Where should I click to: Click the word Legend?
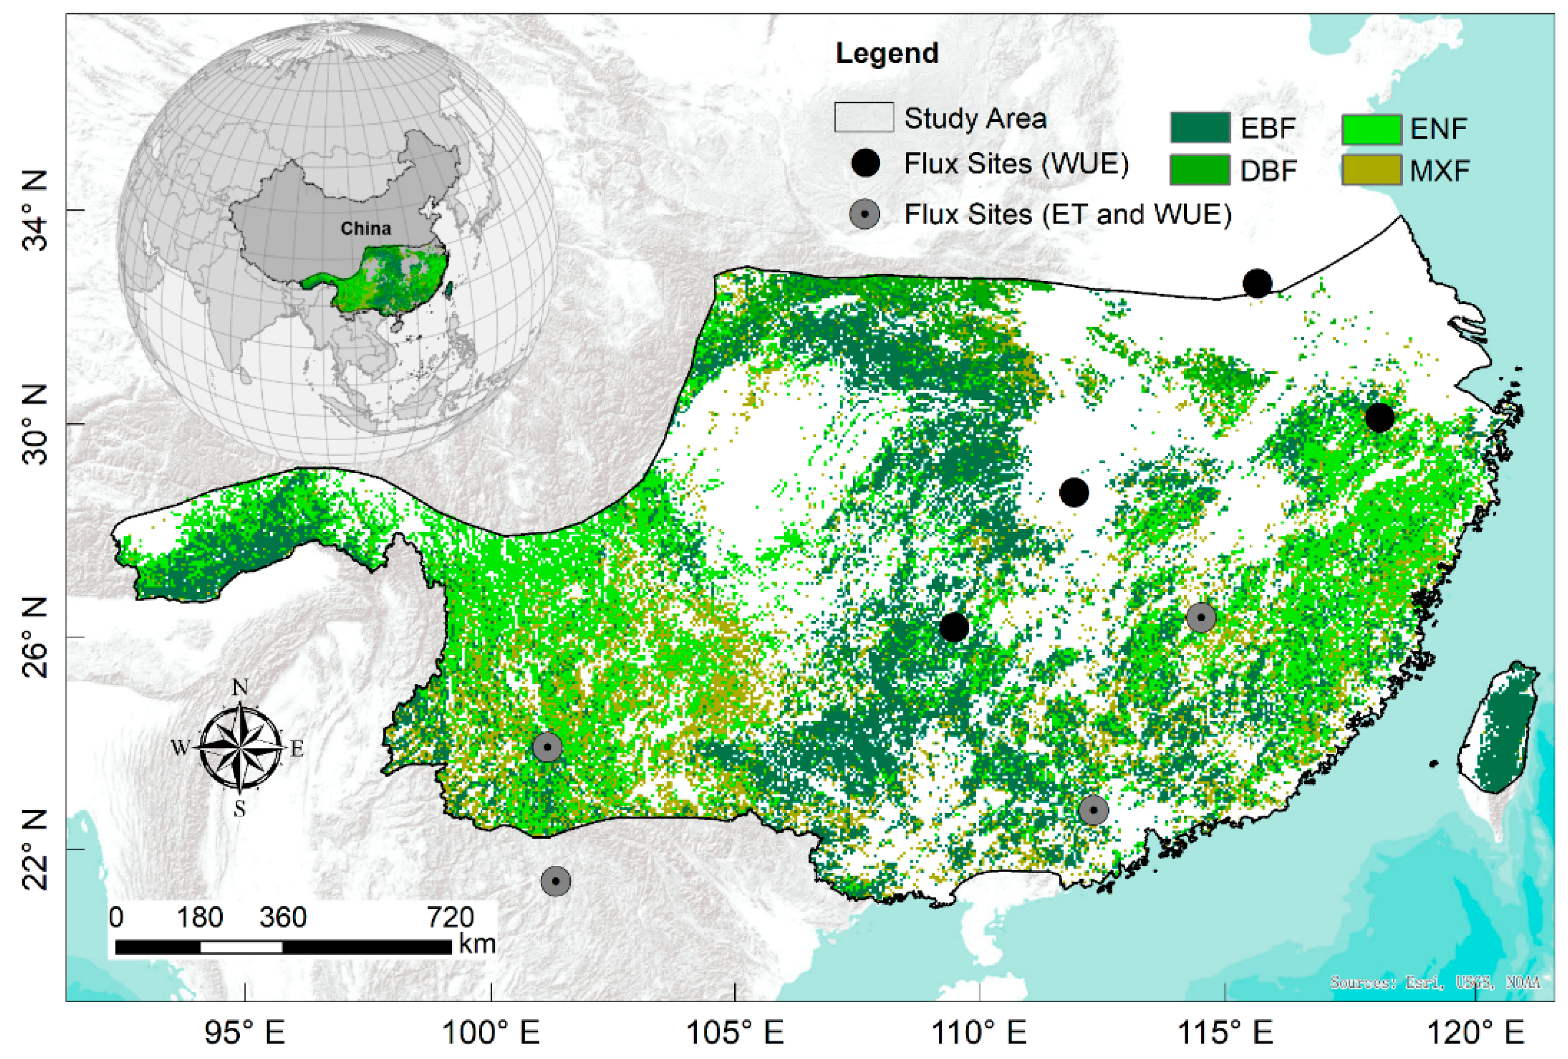tap(887, 53)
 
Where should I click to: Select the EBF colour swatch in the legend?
tap(1199, 128)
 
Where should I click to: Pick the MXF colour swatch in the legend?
tap(1371, 170)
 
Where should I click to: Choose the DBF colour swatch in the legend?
tap(1199, 170)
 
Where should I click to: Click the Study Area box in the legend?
tap(864, 117)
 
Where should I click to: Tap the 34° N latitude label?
tap(35, 211)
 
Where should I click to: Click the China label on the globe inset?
tap(365, 228)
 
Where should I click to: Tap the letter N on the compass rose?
tap(240, 688)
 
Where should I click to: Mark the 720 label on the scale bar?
tap(450, 917)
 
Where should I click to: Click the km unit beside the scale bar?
tap(477, 943)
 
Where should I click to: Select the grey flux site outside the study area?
tap(555, 881)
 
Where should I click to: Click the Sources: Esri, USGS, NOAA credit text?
tap(1435, 982)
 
